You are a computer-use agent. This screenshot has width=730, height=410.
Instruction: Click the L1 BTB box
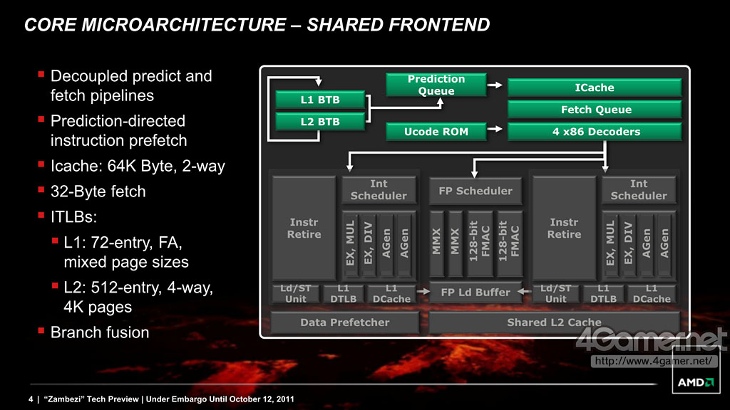320,100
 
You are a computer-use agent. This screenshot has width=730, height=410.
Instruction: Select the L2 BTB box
320,122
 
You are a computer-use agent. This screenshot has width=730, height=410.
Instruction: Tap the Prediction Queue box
436,85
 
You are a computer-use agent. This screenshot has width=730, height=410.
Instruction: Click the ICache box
594,88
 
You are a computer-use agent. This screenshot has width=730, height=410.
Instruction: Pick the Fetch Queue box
594,110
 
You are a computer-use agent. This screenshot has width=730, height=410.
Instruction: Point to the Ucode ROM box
436,132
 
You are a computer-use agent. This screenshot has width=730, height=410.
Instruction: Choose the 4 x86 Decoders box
594,132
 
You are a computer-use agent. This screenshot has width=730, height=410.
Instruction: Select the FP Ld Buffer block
475,292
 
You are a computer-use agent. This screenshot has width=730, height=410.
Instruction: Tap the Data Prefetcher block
344,322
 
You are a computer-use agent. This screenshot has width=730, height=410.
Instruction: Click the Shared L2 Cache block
554,322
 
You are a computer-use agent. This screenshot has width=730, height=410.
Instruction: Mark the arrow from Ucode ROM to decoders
496,132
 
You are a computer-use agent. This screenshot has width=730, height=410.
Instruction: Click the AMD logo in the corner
695,383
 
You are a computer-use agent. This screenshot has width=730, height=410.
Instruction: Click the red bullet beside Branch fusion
42,330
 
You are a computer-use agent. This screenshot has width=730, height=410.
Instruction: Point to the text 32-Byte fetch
98,191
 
